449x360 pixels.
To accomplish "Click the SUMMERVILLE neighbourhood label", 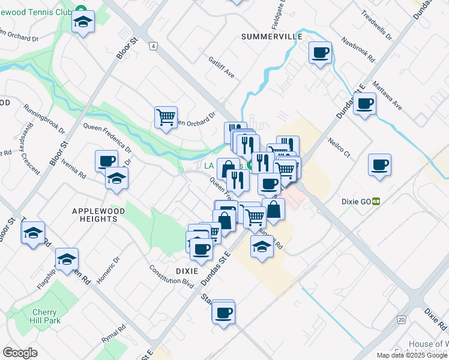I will (x=272, y=37).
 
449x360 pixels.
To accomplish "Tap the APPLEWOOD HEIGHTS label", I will (x=94, y=215).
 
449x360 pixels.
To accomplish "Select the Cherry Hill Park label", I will (x=45, y=317).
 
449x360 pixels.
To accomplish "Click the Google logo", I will (x=20, y=353).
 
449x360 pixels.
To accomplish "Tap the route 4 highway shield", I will (x=154, y=46).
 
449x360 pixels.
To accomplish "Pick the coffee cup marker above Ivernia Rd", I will (x=107, y=161).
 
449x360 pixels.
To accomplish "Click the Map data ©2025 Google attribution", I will (x=412, y=355).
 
